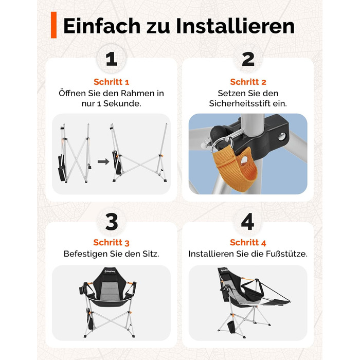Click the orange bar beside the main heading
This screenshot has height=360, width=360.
tap(53, 25)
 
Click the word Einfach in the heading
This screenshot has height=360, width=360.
tap(102, 26)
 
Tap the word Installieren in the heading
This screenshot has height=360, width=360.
tap(236, 26)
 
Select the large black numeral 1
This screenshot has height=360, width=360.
tap(112, 59)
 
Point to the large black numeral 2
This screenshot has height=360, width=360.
tap(248, 59)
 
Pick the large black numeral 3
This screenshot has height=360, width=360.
tap(112, 222)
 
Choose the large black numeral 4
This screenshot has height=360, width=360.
tap(248, 222)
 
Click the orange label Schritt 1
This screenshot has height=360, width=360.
tap(112, 82)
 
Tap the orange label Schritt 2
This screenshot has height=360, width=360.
tap(248, 82)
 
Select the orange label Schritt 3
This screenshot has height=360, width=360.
tap(112, 242)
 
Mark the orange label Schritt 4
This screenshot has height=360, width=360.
tap(248, 242)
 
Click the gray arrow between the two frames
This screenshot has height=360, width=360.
tap(103, 161)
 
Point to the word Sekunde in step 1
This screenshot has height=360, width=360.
tap(122, 103)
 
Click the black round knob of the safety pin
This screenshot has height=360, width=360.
tap(218, 133)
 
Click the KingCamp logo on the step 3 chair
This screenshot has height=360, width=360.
tap(110, 272)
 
